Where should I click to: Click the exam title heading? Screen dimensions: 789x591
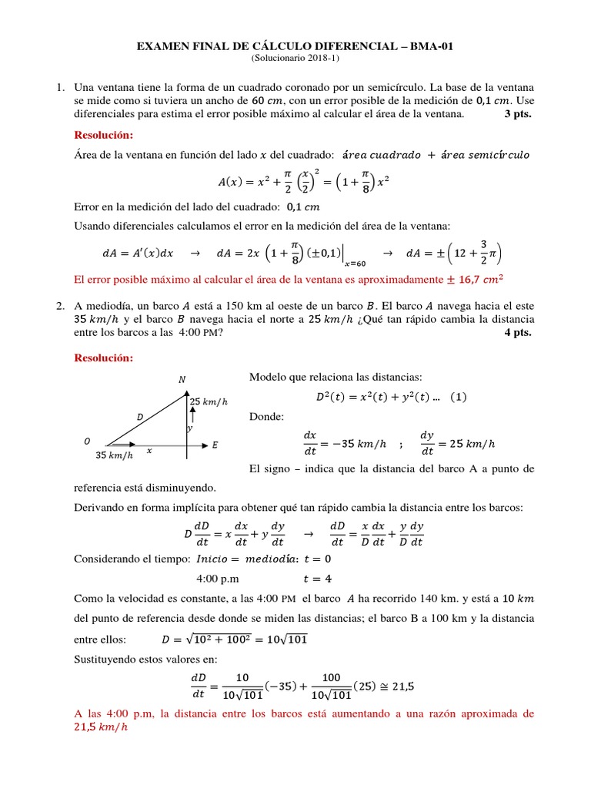(295, 47)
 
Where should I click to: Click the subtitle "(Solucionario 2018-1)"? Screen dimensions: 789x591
(295, 59)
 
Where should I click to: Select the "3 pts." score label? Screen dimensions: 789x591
(517, 114)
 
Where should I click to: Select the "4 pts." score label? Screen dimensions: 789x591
(517, 333)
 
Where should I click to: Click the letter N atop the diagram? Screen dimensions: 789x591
(182, 378)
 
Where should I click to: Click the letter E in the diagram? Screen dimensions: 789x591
(215, 445)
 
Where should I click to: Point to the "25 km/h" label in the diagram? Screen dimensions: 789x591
(208, 401)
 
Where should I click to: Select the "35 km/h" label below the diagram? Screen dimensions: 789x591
(115, 455)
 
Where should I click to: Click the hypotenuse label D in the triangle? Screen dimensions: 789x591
(140, 417)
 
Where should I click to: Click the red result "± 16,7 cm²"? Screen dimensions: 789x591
(481, 280)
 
